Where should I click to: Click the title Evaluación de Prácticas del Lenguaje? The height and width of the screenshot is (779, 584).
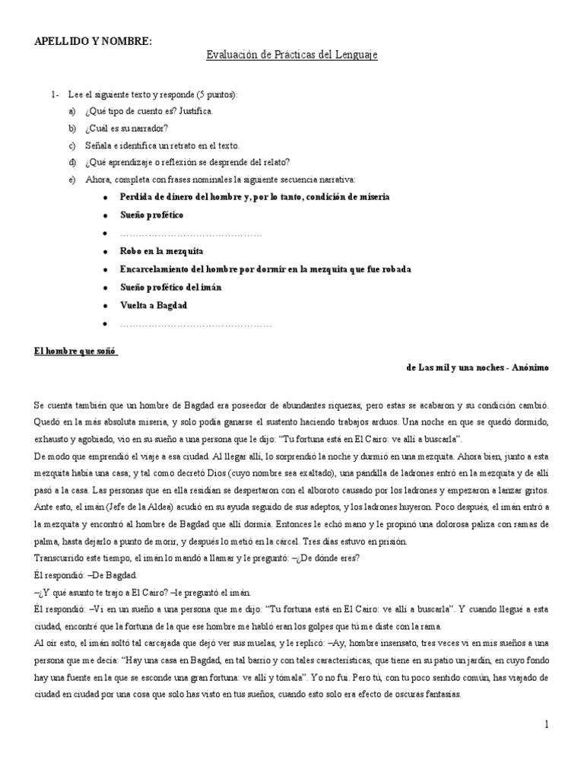pos(292,56)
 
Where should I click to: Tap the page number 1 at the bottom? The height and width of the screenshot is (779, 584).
pos(546,725)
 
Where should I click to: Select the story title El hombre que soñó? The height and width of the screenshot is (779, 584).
pos(77,351)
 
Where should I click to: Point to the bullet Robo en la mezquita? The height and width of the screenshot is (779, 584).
pos(161,250)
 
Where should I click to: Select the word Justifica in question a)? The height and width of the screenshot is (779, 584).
pos(196,111)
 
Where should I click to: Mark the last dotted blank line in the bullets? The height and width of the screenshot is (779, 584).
pos(195,324)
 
